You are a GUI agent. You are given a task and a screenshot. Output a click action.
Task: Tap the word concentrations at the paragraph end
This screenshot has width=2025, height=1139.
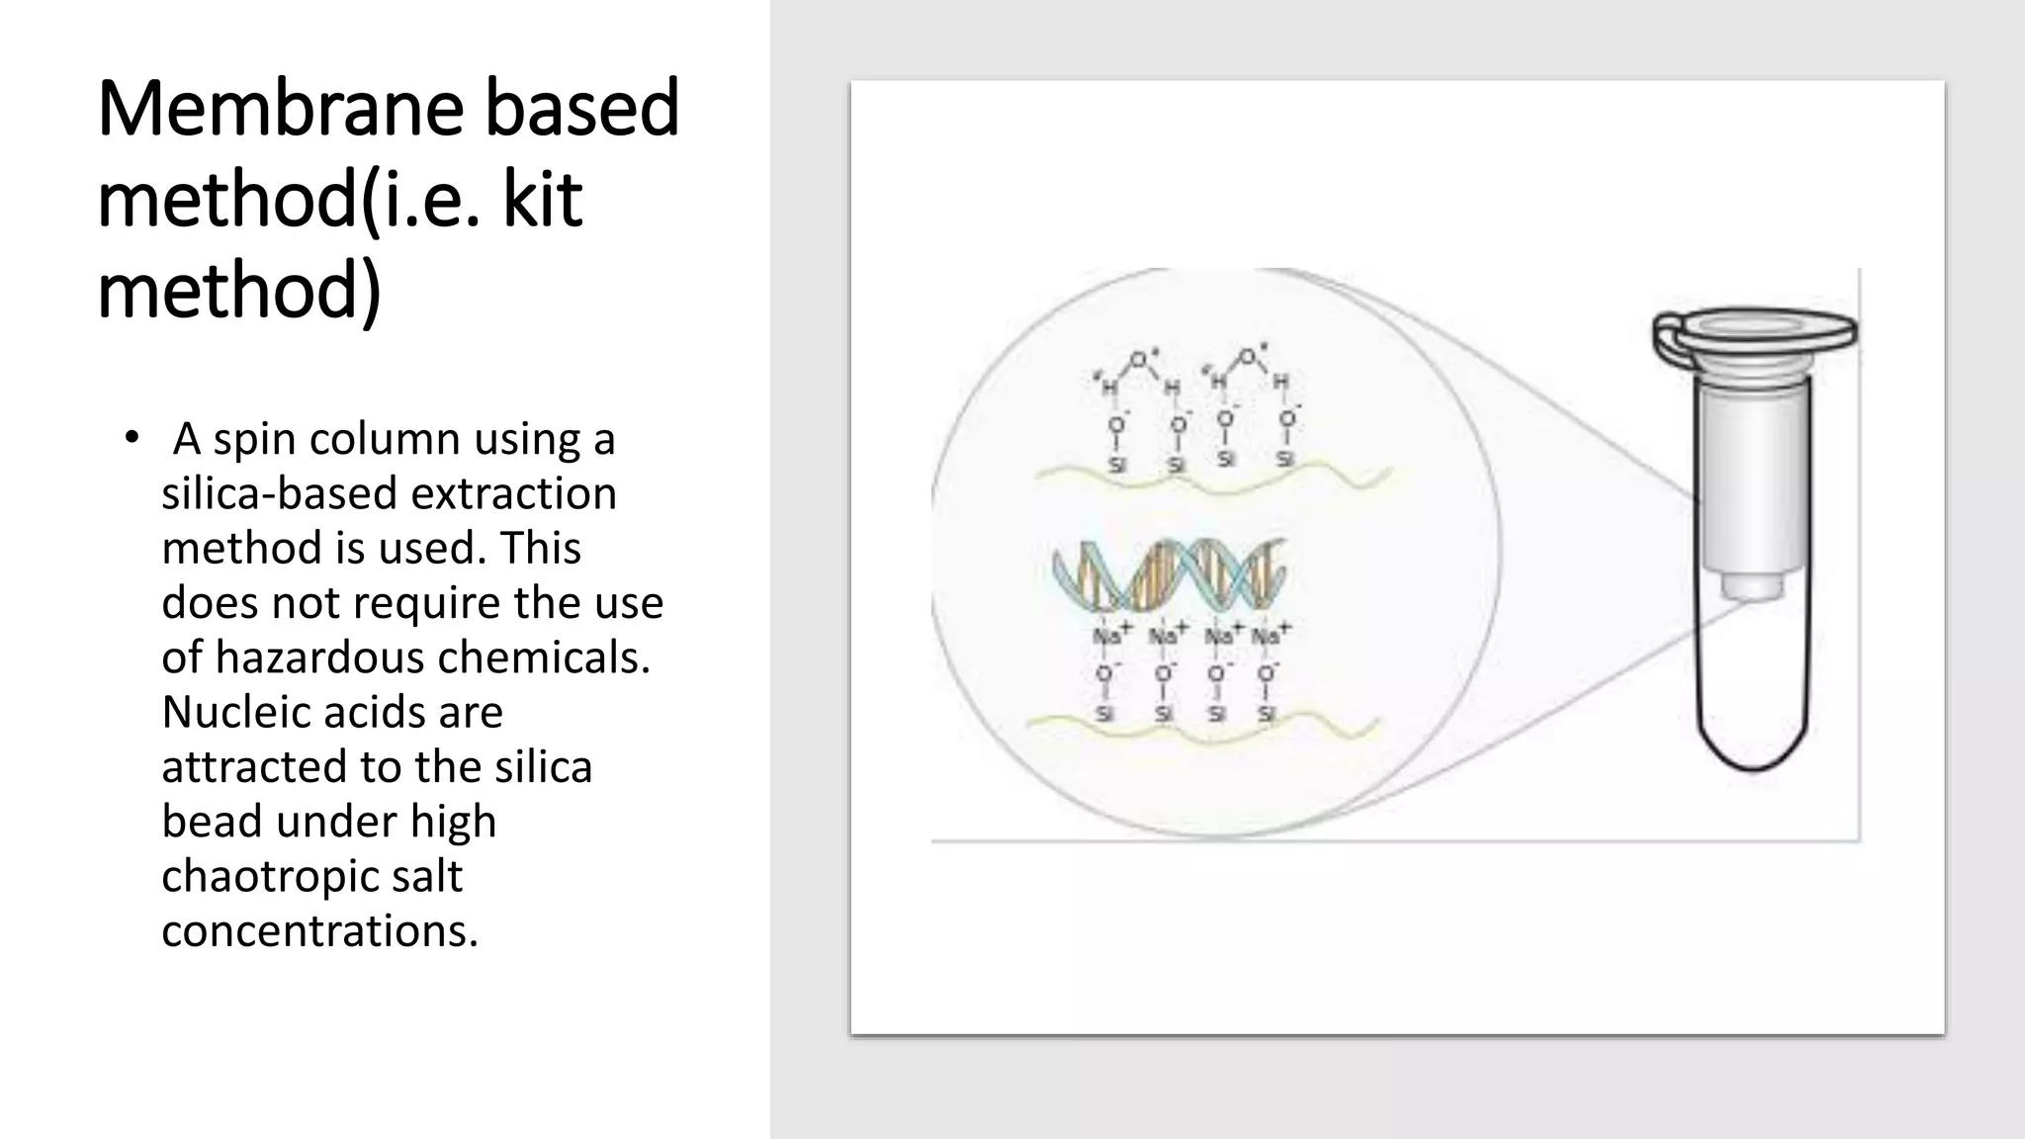click(x=319, y=930)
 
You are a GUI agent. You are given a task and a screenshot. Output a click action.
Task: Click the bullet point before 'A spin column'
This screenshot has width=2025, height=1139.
click(x=132, y=438)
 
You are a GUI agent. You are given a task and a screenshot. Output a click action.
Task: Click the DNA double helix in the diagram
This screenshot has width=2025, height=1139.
click(x=1169, y=574)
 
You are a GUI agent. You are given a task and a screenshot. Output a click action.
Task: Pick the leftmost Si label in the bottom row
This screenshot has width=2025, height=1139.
click(x=1104, y=713)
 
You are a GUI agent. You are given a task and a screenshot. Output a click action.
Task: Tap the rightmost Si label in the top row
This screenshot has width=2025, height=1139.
click(x=1284, y=459)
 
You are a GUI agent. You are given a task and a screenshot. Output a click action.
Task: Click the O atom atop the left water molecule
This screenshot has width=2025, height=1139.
click(x=1140, y=359)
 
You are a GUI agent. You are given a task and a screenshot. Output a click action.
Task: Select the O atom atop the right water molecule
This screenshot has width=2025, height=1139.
click(x=1249, y=356)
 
